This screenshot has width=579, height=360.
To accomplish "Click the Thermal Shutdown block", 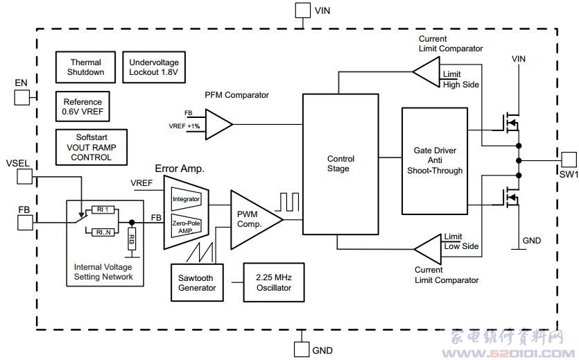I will tap(86, 67).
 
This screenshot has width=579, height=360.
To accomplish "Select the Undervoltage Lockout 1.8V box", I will tap(153, 67).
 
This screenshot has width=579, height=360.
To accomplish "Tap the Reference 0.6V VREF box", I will tap(83, 107).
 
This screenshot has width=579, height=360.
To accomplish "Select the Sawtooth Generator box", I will tap(197, 282).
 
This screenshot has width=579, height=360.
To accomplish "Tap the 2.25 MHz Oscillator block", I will tap(273, 282).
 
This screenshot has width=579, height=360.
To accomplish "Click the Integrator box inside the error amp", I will tap(185, 199).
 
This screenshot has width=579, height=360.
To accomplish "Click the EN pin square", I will tap(21, 97).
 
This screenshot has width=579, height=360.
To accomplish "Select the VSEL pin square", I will tap(25, 176).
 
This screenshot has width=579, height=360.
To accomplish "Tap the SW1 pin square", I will tap(569, 159).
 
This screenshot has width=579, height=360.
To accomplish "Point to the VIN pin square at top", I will tap(302, 10).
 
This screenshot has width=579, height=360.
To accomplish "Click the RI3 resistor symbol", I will tap(132, 240).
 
